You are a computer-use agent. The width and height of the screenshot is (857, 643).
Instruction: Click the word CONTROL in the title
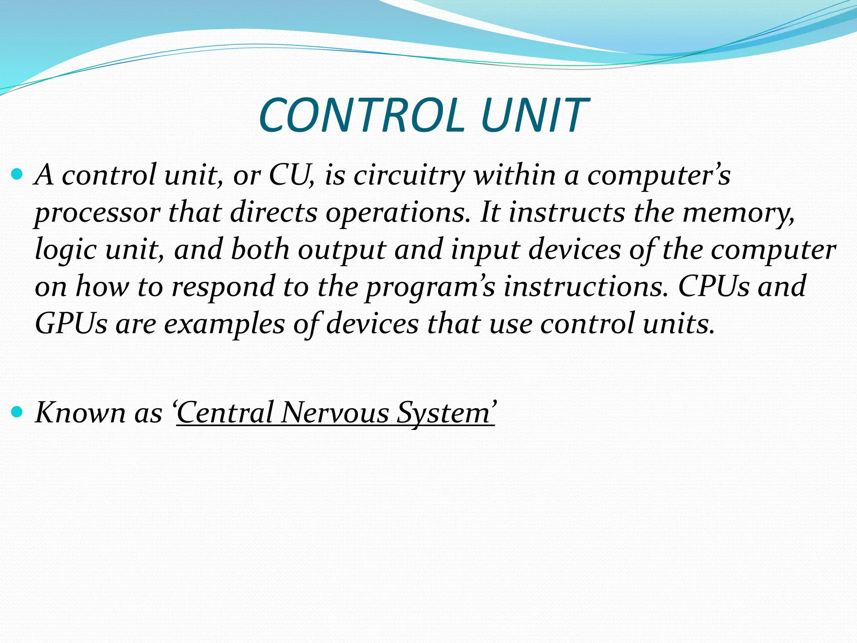click(x=362, y=115)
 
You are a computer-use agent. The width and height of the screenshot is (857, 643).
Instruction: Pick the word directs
click(x=274, y=212)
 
